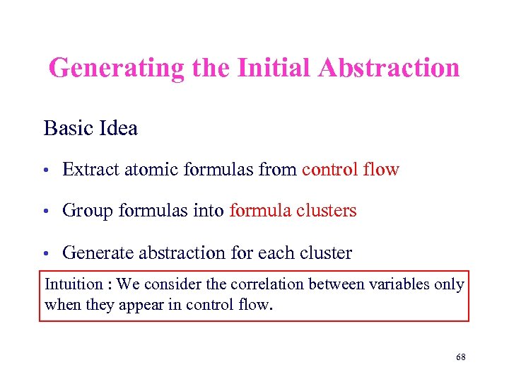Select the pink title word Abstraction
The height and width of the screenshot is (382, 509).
click(389, 69)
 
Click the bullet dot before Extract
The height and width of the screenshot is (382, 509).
click(45, 170)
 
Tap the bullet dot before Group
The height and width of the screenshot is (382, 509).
click(45, 212)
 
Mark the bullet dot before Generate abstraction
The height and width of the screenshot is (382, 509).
click(45, 253)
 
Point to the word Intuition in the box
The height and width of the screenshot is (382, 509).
click(74, 284)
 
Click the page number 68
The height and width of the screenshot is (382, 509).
click(460, 358)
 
